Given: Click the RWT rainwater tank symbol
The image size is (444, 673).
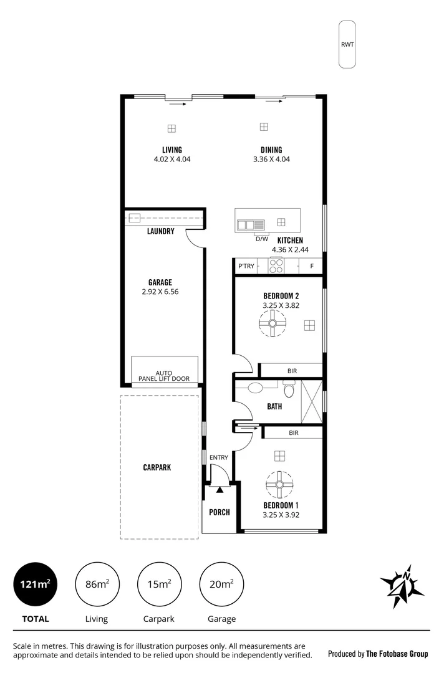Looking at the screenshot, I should coord(347,44).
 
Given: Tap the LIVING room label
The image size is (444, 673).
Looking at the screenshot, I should coord(171,150).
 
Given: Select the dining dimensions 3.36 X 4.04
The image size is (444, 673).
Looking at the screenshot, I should coord(271,160).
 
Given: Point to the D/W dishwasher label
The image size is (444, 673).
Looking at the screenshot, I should coord(262,239).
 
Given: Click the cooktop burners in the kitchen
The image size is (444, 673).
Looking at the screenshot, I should coord(276,266).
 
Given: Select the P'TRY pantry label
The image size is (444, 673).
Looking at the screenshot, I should coord(246,267).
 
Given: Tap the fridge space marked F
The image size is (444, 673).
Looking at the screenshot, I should coord(312,267).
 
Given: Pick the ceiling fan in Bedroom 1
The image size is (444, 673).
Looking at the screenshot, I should coord(279,484).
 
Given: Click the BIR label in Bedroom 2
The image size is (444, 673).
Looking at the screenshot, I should coord(292,371).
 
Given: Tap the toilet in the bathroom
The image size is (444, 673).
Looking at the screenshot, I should coord(288,391).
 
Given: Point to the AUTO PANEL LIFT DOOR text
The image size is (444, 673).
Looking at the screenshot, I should coord(165,375).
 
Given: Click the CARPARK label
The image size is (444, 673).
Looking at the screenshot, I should coord(157,467).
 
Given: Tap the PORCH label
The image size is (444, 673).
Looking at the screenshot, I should coord(219,512).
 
